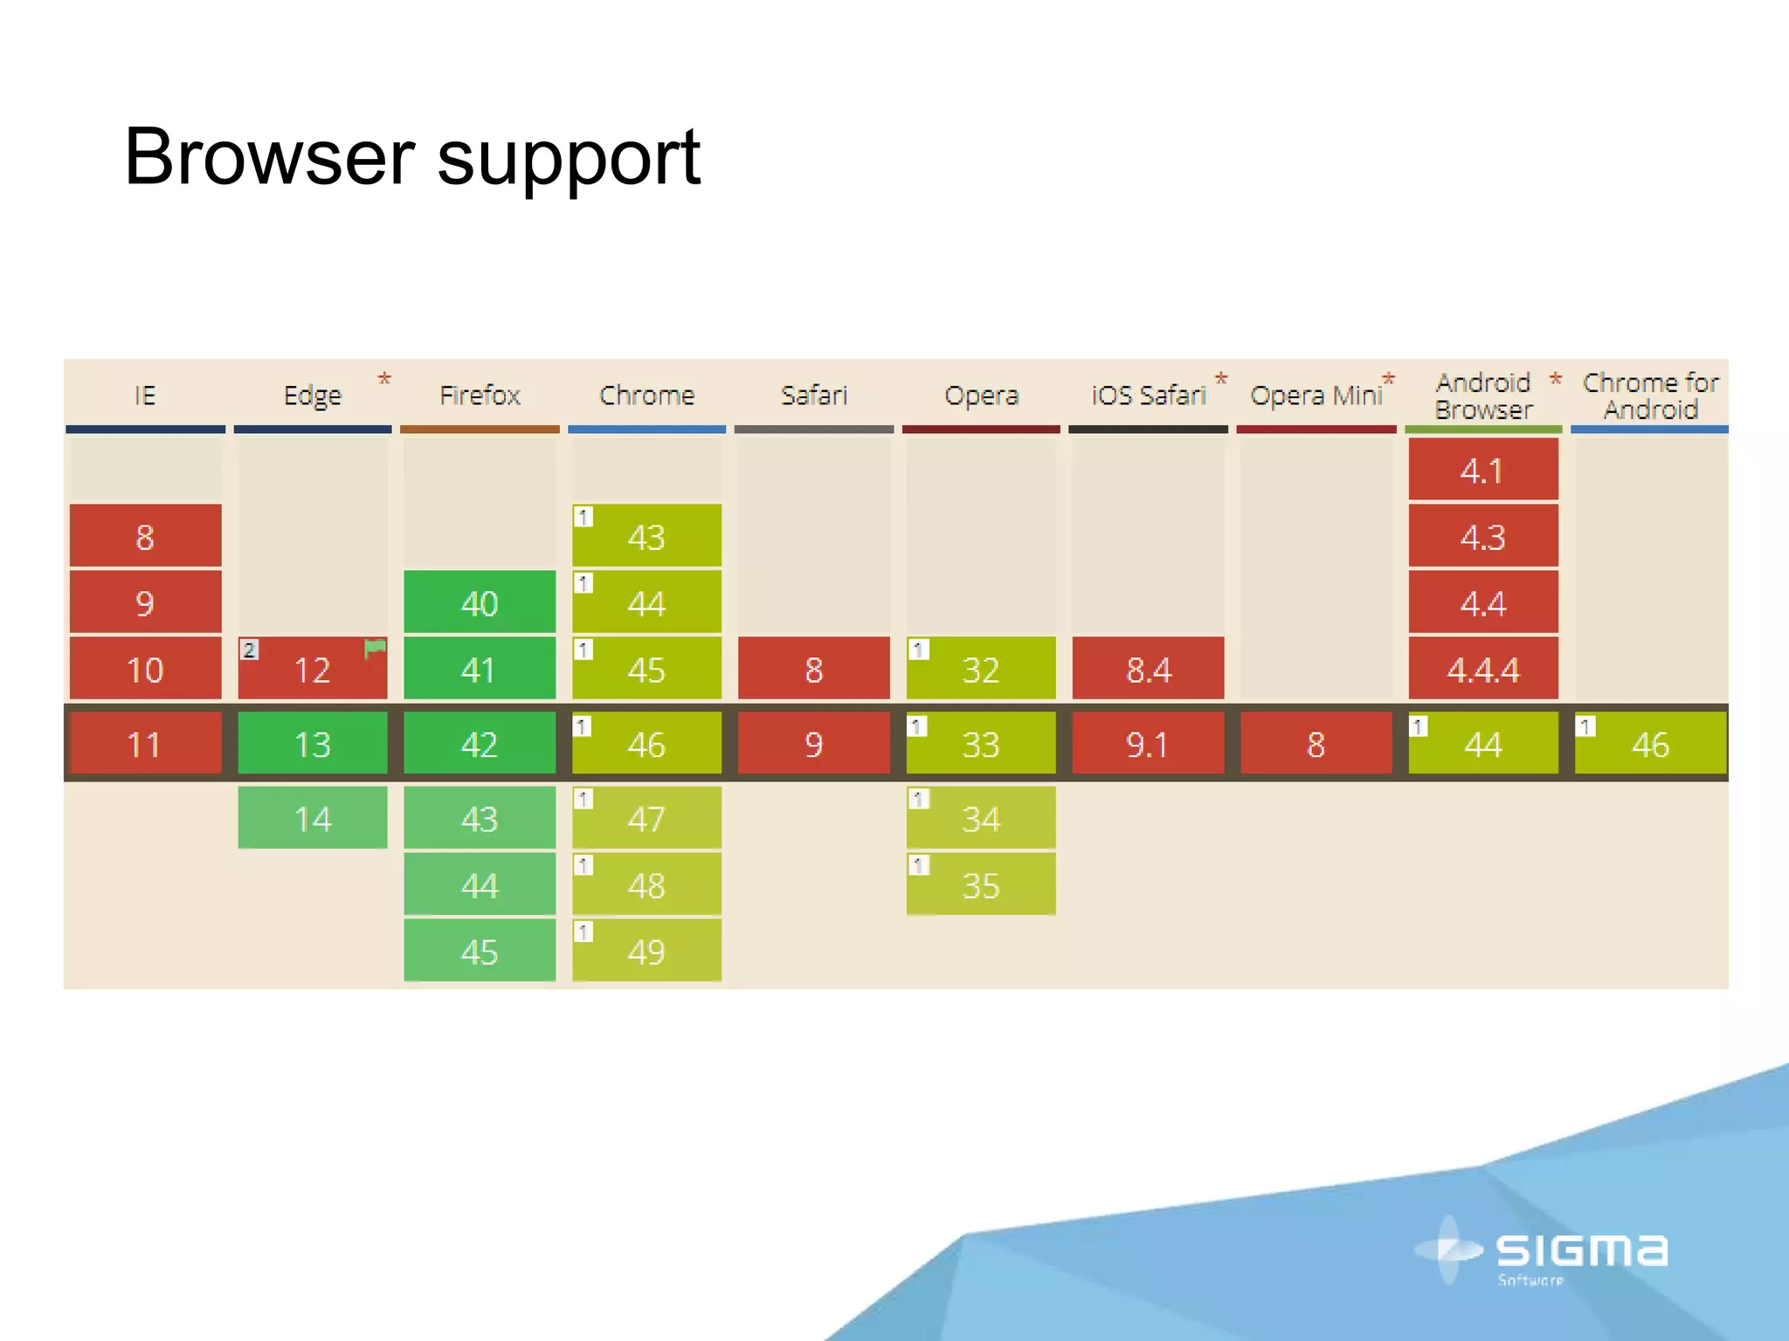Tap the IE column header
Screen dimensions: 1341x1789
coord(145,395)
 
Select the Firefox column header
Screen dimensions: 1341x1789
coord(480,395)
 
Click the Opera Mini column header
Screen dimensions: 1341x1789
coord(1316,395)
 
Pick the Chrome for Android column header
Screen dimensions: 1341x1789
coord(1650,395)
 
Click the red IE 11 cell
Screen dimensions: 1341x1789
coord(145,744)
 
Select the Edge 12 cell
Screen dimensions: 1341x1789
coord(312,670)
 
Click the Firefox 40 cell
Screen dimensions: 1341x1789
coord(480,602)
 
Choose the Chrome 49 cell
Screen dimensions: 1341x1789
coord(646,951)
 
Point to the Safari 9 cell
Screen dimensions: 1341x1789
coord(813,744)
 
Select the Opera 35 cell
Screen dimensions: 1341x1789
coord(980,885)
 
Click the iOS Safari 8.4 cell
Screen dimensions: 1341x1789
coord(1148,670)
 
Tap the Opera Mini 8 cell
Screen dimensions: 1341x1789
coord(1316,744)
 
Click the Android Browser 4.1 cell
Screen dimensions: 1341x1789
coord(1482,471)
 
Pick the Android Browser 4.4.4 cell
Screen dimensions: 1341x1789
coord(1482,670)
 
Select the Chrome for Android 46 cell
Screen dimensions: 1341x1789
coord(1650,744)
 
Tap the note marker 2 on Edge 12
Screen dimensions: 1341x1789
coord(249,650)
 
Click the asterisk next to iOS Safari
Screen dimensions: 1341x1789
coord(1221,379)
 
